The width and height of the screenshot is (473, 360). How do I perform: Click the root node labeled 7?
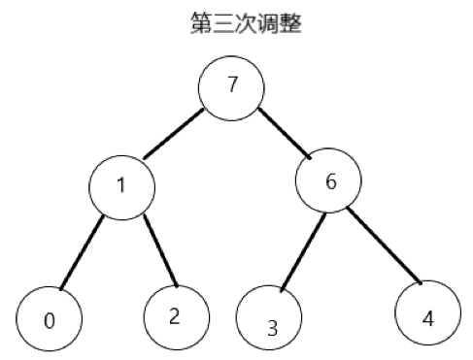(x=231, y=84)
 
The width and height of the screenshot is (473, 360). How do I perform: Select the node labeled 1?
(x=120, y=184)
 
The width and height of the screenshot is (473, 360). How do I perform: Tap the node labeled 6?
(x=330, y=181)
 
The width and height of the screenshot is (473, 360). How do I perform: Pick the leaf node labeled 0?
(x=49, y=319)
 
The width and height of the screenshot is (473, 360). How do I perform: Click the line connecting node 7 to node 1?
(x=173, y=133)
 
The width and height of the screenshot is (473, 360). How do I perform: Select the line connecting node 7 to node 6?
(x=285, y=134)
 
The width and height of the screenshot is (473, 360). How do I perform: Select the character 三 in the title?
(x=222, y=23)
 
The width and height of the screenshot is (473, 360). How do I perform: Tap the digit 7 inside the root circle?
(x=232, y=82)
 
